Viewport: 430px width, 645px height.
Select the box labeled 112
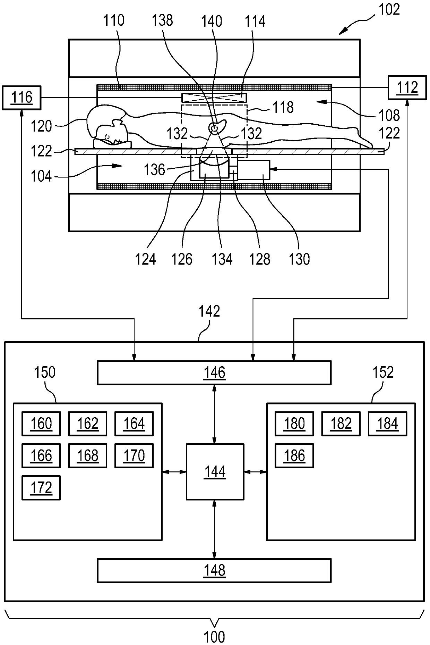[407, 87]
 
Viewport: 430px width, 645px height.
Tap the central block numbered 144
[215, 471]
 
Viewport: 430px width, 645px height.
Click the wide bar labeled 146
[214, 372]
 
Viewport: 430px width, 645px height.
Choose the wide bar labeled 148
[214, 570]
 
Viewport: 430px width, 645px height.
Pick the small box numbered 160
[41, 424]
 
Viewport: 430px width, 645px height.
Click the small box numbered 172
[41, 488]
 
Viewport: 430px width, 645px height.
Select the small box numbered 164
[134, 424]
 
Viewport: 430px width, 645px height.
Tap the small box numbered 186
[294, 455]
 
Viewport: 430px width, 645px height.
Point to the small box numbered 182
[341, 424]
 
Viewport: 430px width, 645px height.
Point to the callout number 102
[389, 10]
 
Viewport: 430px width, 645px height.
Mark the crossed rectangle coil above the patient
[214, 98]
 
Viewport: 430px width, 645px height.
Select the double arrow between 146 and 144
[215, 414]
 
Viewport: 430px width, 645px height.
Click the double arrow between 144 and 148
[215, 529]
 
